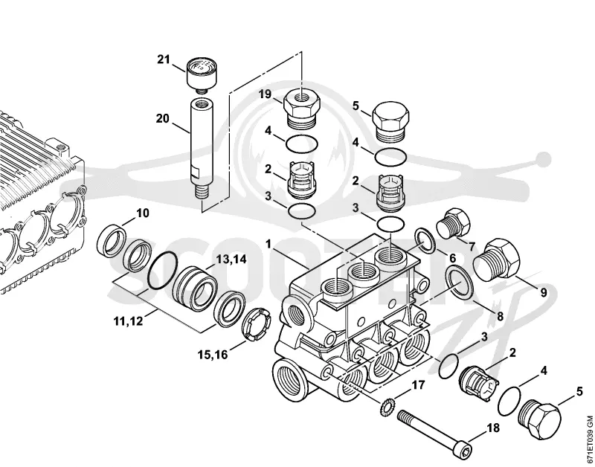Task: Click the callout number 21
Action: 164,59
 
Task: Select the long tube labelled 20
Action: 202,149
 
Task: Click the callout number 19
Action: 266,94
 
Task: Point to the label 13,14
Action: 231,260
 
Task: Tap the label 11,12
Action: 128,321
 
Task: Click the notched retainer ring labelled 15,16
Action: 256,325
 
